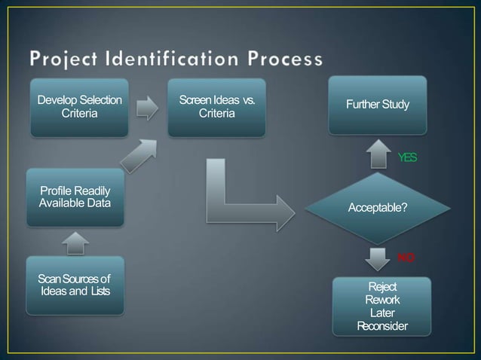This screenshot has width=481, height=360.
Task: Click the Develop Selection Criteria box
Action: [79, 107]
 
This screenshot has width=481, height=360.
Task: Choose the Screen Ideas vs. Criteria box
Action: [216, 107]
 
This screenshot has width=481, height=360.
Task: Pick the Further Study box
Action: [378, 104]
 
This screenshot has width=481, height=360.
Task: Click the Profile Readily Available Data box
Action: [75, 197]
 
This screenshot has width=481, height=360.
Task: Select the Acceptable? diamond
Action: [378, 207]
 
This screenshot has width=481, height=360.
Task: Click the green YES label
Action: [407, 157]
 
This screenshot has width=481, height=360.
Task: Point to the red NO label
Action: [406, 258]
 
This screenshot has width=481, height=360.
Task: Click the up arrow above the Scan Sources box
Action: [75, 242]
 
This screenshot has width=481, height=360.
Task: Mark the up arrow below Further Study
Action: [378, 154]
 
